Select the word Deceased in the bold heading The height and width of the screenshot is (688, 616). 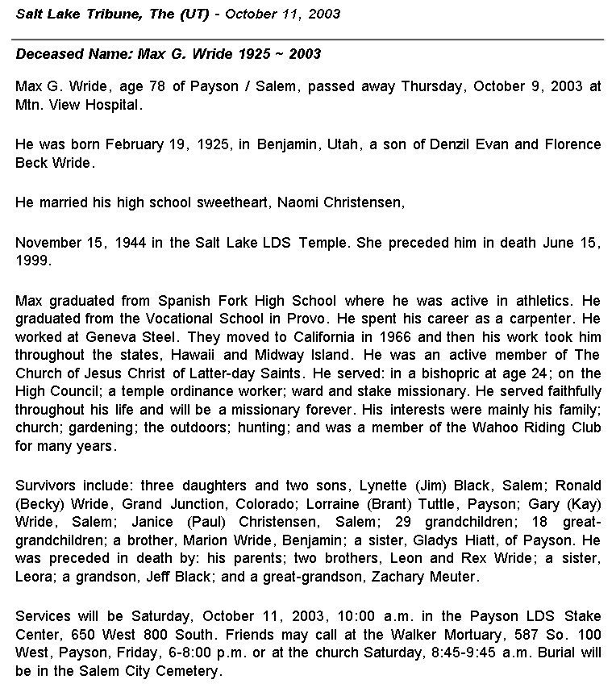tap(48, 54)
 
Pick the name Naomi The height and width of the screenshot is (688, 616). tap(298, 202)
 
